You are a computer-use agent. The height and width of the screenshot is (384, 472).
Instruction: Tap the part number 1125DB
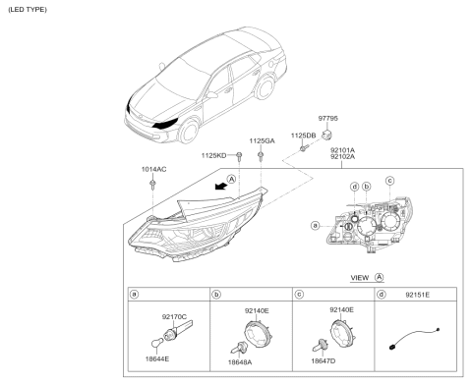(303, 135)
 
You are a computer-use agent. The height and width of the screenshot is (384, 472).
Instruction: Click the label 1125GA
(263, 140)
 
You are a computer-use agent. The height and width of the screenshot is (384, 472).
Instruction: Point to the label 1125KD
(213, 155)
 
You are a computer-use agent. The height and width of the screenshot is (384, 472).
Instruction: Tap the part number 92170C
(174, 315)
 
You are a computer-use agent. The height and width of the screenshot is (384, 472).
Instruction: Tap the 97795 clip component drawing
(330, 131)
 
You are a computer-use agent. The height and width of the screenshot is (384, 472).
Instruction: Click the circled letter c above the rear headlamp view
(390, 181)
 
